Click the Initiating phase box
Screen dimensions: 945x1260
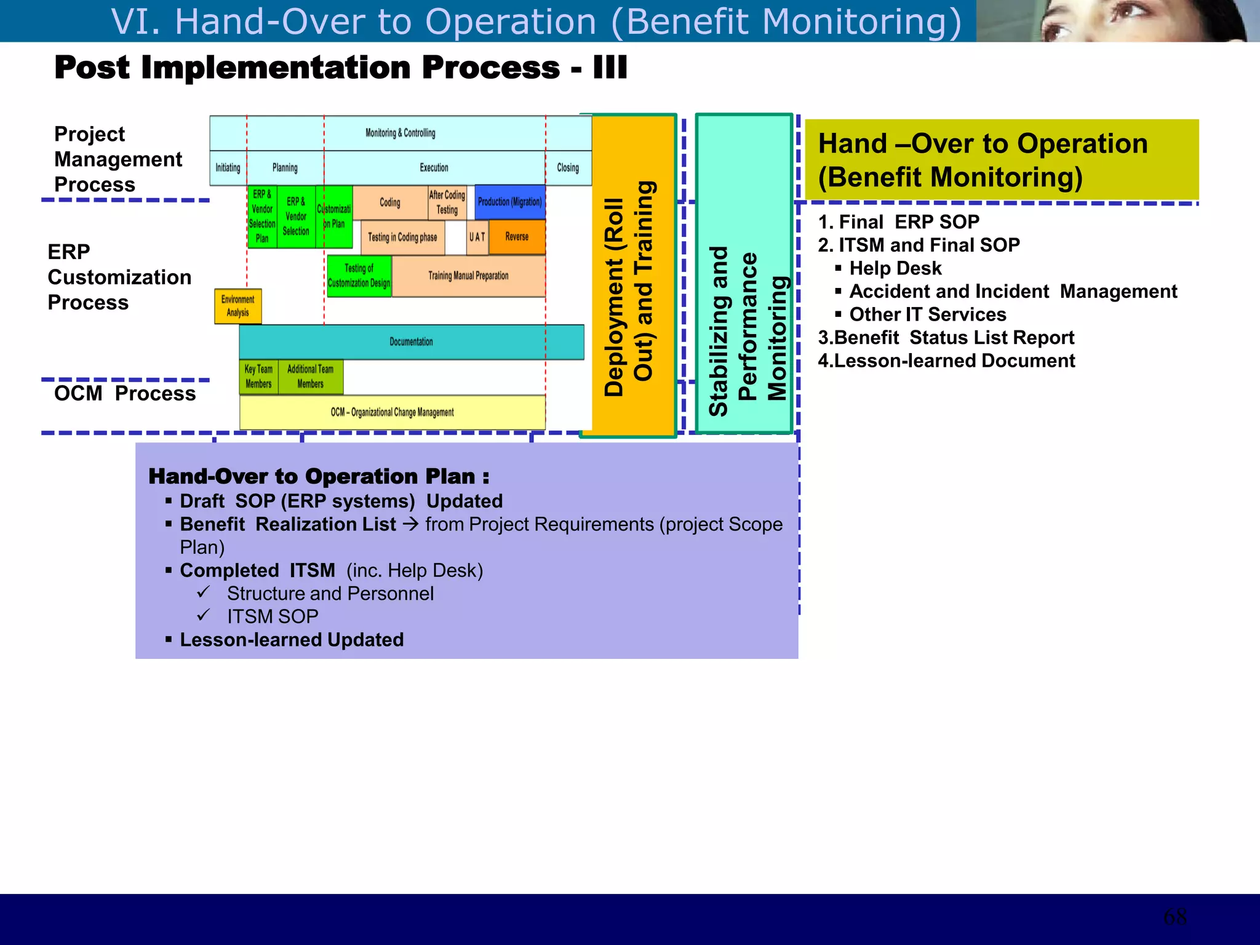228,168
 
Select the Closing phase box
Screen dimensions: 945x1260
568,168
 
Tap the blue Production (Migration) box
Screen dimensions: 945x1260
510,202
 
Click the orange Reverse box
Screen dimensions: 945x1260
517,237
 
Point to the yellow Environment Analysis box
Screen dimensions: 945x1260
238,306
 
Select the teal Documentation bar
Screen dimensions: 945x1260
411,342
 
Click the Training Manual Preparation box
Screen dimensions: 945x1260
468,276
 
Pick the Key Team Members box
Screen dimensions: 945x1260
258,377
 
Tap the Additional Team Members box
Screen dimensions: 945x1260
311,377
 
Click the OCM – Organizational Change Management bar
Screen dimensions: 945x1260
393,412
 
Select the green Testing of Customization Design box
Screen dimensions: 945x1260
359,276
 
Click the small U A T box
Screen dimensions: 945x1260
477,237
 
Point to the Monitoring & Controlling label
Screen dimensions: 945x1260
400,133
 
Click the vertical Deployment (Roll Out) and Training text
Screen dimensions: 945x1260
630,289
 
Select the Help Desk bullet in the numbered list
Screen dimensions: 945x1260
895,268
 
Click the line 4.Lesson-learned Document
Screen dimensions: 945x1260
946,361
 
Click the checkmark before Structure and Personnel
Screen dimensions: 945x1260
204,592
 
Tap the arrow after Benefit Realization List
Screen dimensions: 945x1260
410,524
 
